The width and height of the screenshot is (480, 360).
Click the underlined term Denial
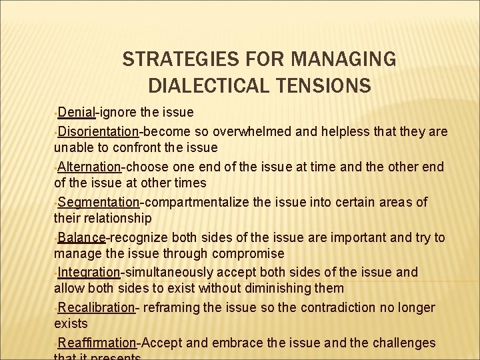(x=77, y=111)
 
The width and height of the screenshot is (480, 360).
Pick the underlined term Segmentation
(x=98, y=201)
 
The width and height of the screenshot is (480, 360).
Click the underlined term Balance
(x=81, y=237)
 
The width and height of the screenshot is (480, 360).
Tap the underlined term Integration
(x=89, y=272)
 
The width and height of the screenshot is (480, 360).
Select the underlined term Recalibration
(x=96, y=307)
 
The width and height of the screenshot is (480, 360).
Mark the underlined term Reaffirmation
(x=97, y=343)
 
